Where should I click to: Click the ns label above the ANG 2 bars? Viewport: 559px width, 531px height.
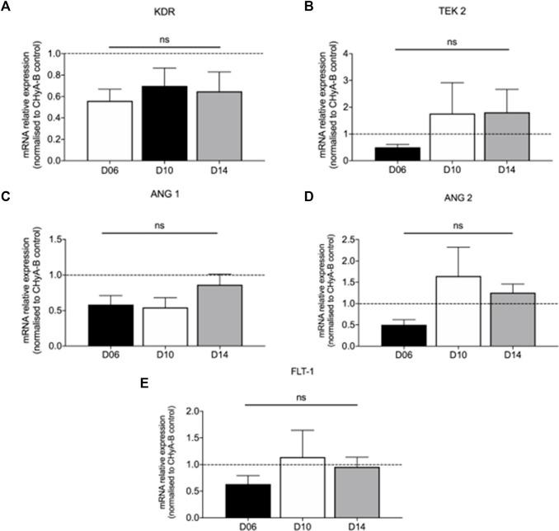pyautogui.click(x=458, y=222)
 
